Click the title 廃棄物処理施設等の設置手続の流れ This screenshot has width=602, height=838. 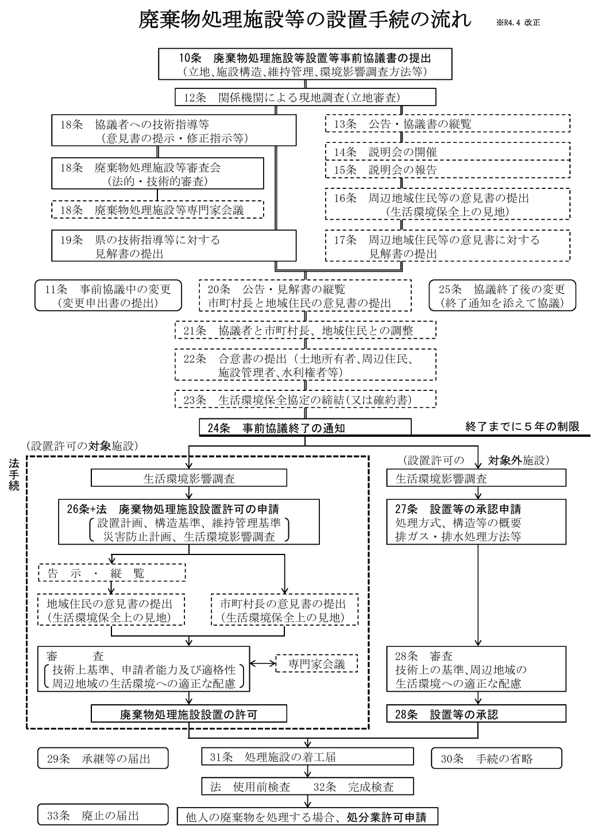(x=305, y=22)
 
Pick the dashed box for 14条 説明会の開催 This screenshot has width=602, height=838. (x=447, y=152)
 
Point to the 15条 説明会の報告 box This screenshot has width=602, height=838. (x=447, y=170)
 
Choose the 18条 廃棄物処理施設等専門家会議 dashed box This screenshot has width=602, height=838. (x=157, y=210)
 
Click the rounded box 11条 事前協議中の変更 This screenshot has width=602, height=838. (x=108, y=296)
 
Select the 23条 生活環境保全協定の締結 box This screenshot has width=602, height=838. (x=305, y=399)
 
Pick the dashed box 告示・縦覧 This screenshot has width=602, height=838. (x=112, y=573)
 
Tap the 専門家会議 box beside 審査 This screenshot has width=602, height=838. (x=316, y=664)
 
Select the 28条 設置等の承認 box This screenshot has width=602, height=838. (x=476, y=714)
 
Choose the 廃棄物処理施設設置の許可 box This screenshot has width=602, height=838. (x=188, y=714)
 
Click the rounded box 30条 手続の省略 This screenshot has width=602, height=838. (x=496, y=758)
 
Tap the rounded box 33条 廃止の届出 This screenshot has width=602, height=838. (x=103, y=815)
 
